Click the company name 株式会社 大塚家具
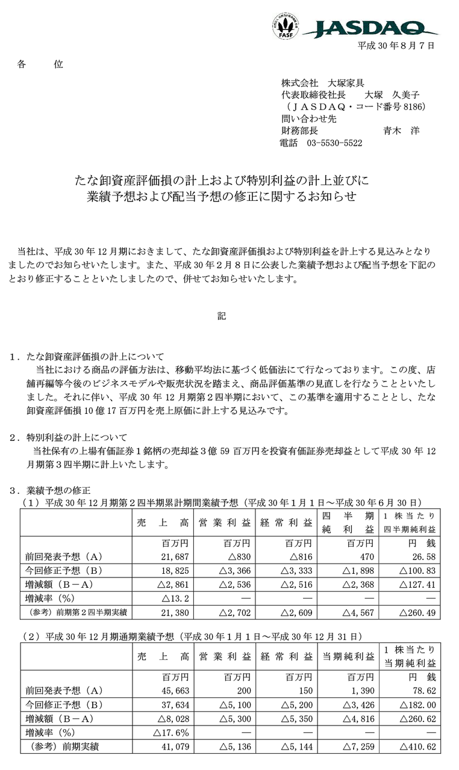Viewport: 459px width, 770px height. coord(322,83)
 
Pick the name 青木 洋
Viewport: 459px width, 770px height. coord(401,131)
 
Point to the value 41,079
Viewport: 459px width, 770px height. coord(177,747)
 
